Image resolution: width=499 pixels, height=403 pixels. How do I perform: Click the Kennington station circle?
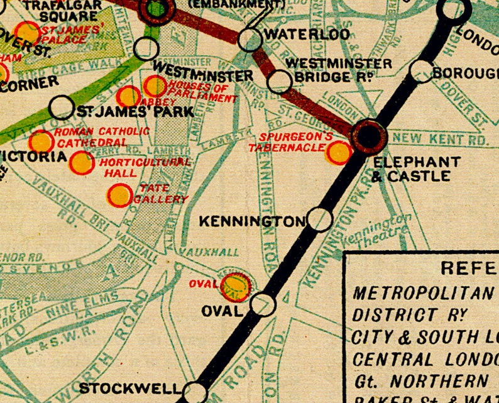320,219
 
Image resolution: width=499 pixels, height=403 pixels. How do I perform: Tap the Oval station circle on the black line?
263,304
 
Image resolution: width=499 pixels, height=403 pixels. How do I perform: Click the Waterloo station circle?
250,39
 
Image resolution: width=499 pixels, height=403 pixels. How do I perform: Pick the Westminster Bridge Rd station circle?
280,81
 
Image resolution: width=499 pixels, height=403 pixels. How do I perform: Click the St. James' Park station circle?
62,108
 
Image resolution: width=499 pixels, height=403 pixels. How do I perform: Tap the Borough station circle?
422,71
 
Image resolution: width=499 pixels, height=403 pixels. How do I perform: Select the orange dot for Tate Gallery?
119,196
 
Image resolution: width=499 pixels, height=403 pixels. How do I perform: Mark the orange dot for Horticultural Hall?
82,163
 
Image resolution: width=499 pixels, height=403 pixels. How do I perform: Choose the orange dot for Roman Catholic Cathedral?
41,141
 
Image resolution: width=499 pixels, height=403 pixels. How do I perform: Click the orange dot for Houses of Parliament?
155,86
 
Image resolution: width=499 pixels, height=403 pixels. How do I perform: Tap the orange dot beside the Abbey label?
128,96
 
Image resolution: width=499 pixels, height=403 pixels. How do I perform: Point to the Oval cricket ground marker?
235,285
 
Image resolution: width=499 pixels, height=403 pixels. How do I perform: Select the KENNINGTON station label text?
251,221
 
